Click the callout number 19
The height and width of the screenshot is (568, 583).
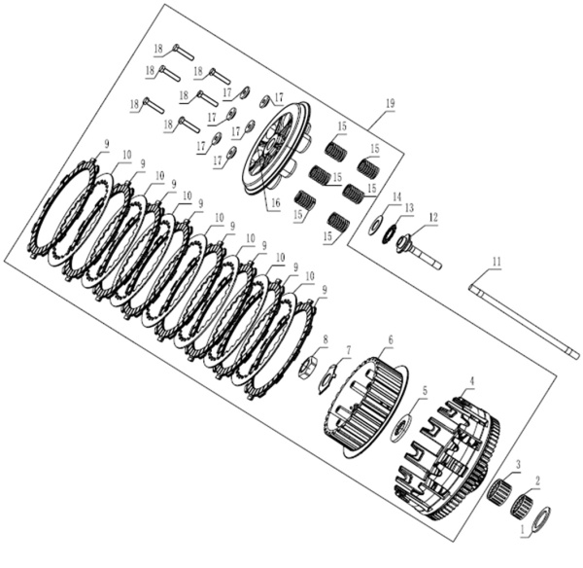[390, 103]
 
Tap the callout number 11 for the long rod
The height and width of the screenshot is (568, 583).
[497, 262]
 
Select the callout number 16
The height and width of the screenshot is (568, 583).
[275, 203]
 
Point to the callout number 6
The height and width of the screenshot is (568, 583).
[391, 339]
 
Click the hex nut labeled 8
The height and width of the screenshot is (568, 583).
[308, 367]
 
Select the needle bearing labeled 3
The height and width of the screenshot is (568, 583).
[498, 491]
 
